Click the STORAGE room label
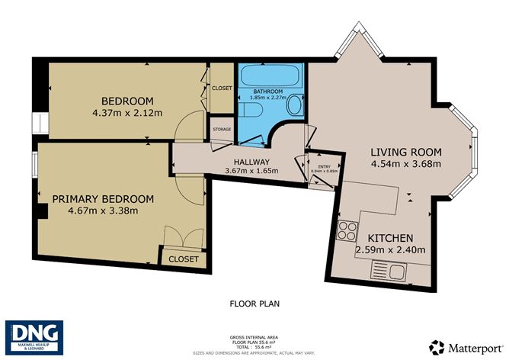click(222, 130)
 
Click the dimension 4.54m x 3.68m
click(406, 163)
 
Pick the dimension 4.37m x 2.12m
click(128, 115)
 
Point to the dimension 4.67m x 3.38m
click(103, 212)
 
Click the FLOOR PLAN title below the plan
click(254, 304)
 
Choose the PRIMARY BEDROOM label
click(103, 199)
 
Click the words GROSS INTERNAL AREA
click(254, 336)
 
